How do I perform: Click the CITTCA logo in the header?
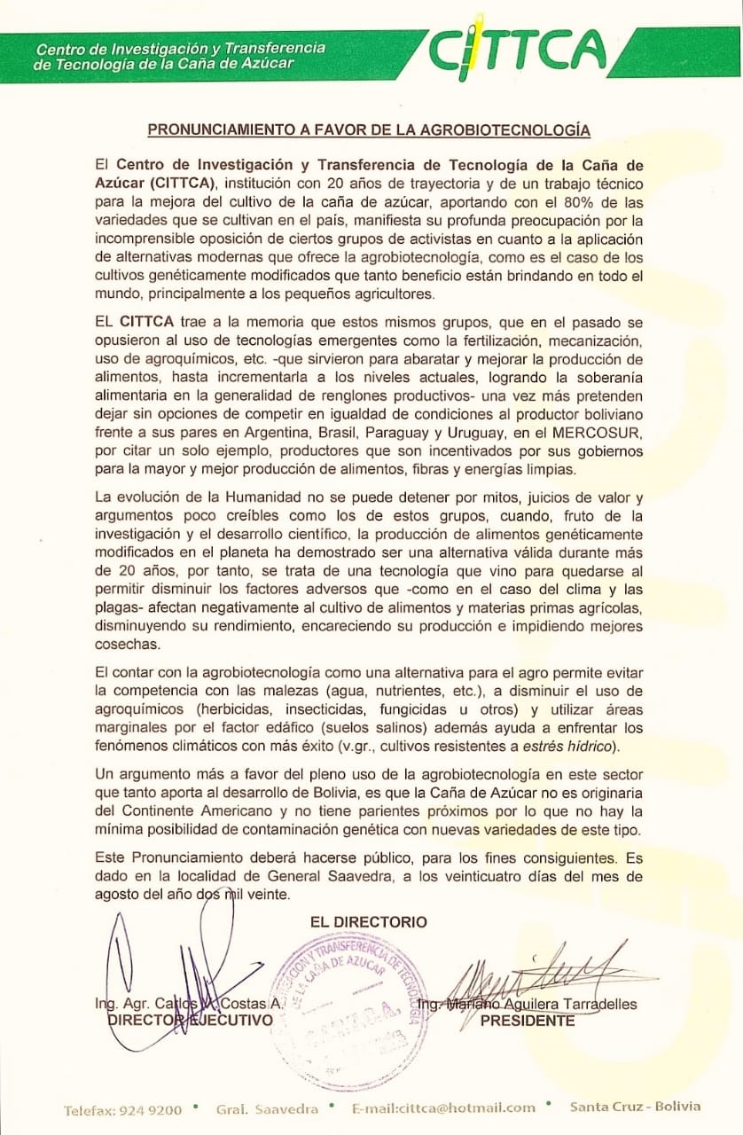pos(519,49)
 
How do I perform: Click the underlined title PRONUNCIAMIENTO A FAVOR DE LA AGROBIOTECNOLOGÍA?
pos(368,129)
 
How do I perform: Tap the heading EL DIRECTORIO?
pos(368,922)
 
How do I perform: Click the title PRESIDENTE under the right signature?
pos(527,1021)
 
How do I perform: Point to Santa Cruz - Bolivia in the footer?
pos(635,1106)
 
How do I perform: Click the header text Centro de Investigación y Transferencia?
pos(180,47)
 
